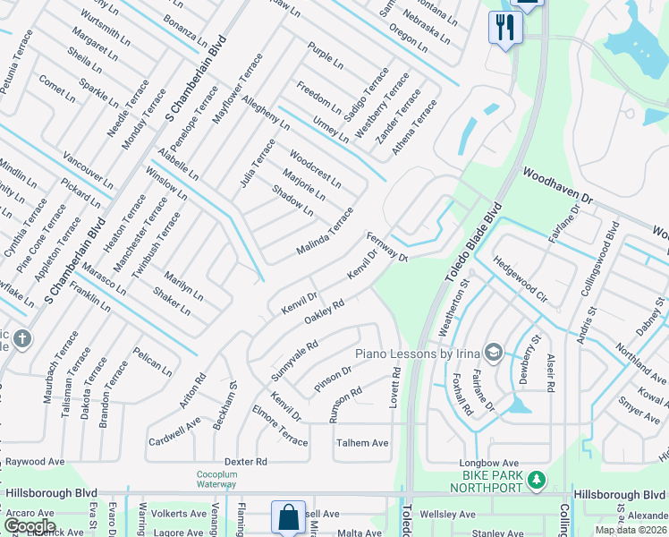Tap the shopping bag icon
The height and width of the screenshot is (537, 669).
pyautogui.click(x=288, y=518)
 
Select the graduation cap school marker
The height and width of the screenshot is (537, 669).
pyautogui.click(x=491, y=350)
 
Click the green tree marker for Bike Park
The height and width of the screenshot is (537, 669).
pyautogui.click(x=537, y=481)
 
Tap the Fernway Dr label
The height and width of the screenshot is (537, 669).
pyautogui.click(x=386, y=248)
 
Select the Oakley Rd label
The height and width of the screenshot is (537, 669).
pyautogui.click(x=325, y=312)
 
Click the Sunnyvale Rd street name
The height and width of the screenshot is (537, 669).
pyautogui.click(x=296, y=357)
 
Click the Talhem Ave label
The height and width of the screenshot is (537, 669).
pyautogui.click(x=362, y=443)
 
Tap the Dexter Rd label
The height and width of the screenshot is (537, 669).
pyautogui.click(x=247, y=462)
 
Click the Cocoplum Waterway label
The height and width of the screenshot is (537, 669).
pyautogui.click(x=217, y=479)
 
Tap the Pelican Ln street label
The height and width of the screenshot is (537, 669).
pyautogui.click(x=152, y=361)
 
